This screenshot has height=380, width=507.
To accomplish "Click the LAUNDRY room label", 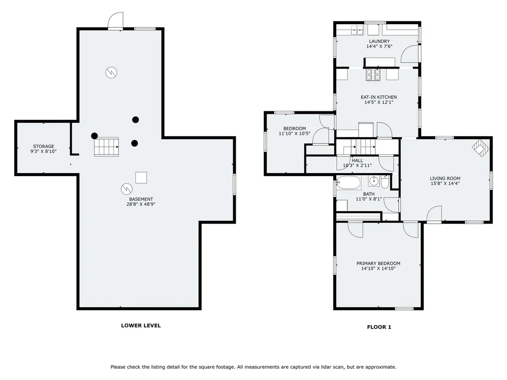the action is [x=379, y=42].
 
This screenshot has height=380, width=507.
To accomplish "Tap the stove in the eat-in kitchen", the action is [x=373, y=75].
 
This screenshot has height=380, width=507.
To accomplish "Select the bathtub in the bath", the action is [x=348, y=183].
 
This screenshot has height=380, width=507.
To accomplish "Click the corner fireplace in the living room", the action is [x=481, y=147].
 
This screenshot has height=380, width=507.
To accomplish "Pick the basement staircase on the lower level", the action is [x=106, y=146].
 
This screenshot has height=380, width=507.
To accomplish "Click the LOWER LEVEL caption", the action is [x=141, y=326].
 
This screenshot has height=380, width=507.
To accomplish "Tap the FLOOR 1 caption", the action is [x=379, y=327].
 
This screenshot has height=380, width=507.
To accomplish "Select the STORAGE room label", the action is [x=44, y=146].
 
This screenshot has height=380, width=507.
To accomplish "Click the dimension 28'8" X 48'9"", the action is [x=141, y=204].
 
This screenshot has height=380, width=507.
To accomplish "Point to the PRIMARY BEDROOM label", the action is [x=378, y=263].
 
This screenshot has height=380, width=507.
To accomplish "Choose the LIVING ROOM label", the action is [x=445, y=178].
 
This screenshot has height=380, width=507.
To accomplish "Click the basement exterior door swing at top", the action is [x=115, y=21].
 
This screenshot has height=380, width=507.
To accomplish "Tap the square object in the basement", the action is [x=141, y=178].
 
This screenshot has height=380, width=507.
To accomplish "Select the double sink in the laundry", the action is [x=357, y=30].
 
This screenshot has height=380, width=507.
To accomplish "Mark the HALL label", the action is [x=357, y=160].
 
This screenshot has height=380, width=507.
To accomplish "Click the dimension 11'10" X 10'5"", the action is [x=295, y=134].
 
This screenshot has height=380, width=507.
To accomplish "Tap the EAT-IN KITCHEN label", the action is [x=379, y=97].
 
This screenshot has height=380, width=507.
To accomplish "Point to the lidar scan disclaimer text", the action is [x=253, y=367].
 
